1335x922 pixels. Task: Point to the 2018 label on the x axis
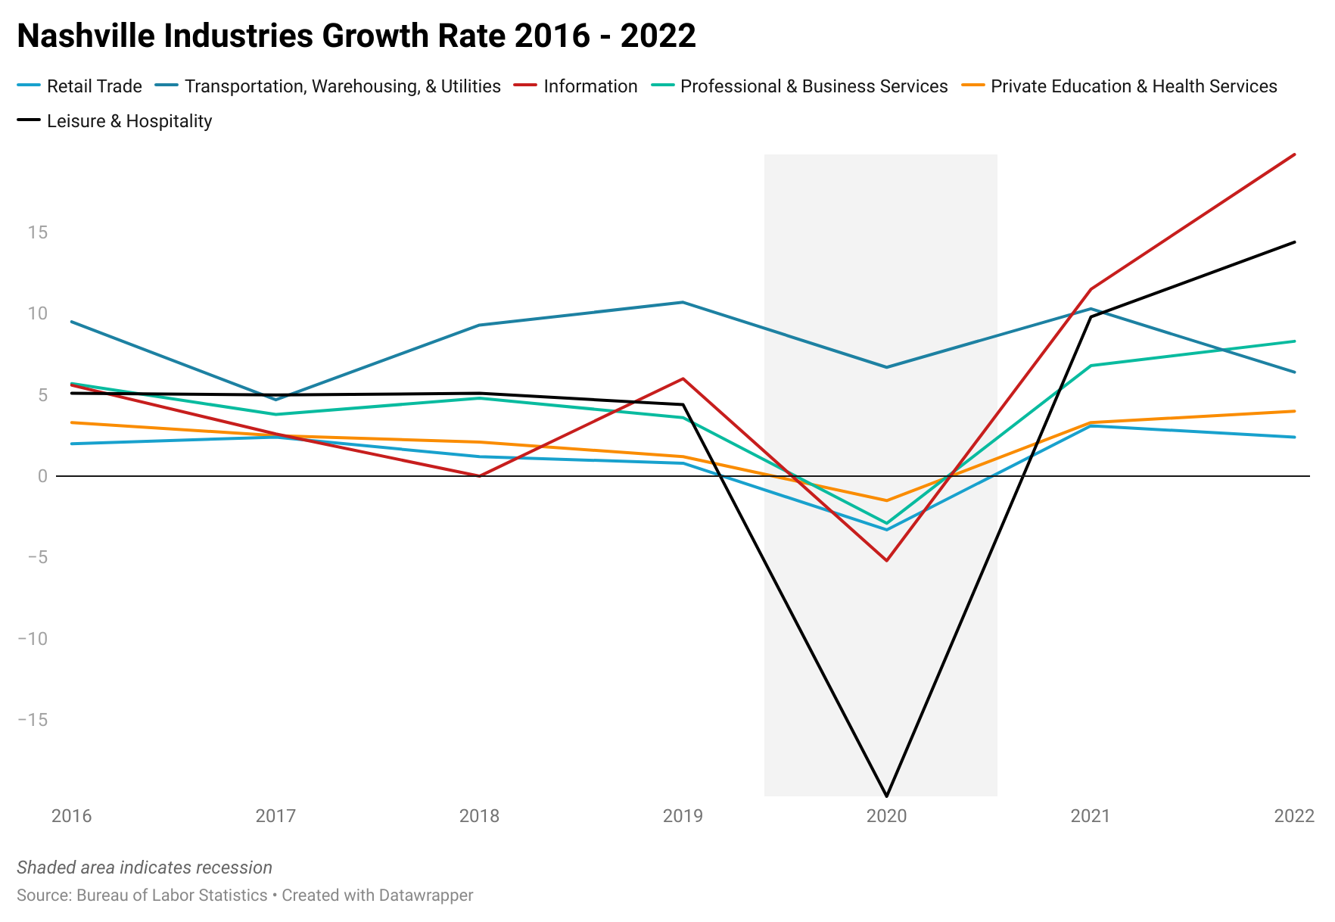pyautogui.click(x=479, y=816)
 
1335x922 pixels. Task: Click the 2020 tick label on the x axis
pyautogui.click(x=886, y=816)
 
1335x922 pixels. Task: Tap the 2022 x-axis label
pyautogui.click(x=1294, y=816)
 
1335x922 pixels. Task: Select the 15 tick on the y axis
pyautogui.click(x=38, y=232)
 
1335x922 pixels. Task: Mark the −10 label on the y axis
pyautogui.click(x=33, y=639)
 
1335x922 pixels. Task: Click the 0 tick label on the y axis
pyautogui.click(x=42, y=476)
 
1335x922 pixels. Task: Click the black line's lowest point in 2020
pyautogui.click(x=886, y=796)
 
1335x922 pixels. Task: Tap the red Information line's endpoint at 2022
pyautogui.click(x=1294, y=154)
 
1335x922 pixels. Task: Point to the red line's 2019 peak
pyautogui.click(x=683, y=378)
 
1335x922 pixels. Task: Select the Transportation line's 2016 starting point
pyautogui.click(x=72, y=322)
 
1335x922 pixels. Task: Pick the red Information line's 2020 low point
pyautogui.click(x=886, y=560)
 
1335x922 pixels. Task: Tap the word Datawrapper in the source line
pyautogui.click(x=425, y=896)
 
